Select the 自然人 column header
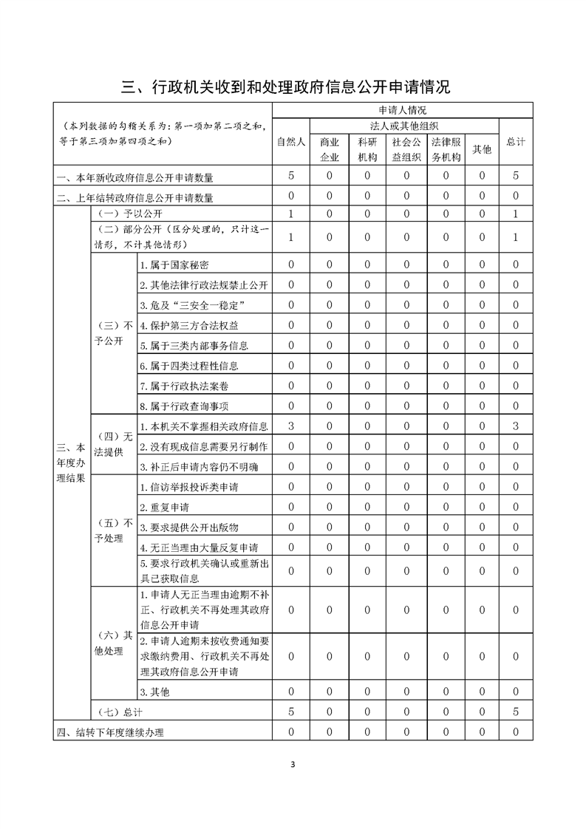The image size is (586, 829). coord(291,142)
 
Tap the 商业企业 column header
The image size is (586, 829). coord(329,149)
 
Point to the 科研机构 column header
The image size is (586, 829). coord(367,149)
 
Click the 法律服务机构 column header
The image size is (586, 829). coord(446,149)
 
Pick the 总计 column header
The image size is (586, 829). coord(515,142)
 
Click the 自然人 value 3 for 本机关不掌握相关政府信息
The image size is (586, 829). coord(291,426)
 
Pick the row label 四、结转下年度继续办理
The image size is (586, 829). coord(109,733)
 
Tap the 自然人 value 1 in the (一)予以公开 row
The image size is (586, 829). coord(291,214)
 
